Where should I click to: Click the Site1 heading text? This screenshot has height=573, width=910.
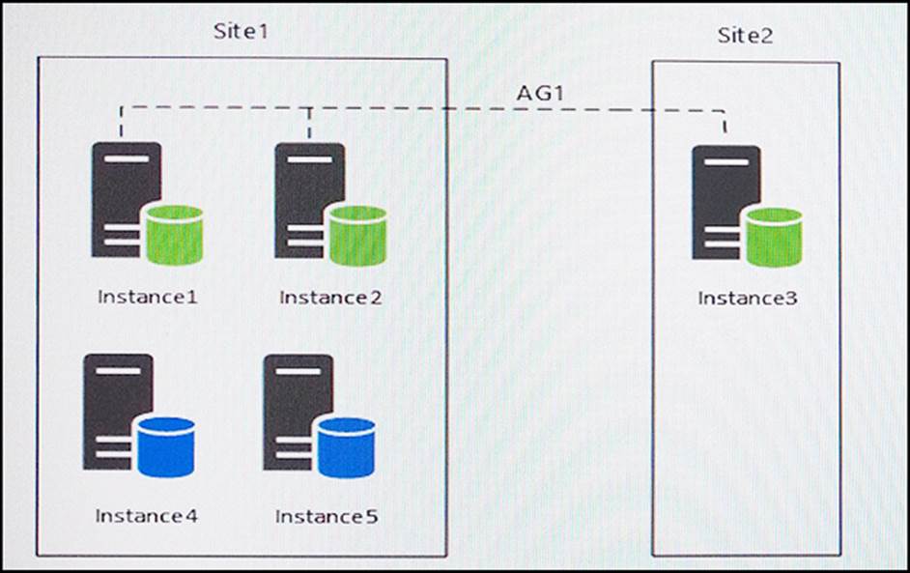click(241, 31)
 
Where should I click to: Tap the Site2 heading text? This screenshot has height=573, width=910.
click(745, 37)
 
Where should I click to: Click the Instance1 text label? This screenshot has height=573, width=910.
click(148, 297)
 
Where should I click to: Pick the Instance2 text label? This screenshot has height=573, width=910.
click(330, 297)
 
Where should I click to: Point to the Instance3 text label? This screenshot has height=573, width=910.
click(748, 299)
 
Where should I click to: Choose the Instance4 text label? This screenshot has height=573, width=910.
click(146, 516)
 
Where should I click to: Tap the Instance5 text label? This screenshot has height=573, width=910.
click(327, 517)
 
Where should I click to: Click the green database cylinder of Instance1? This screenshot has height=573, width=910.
click(173, 234)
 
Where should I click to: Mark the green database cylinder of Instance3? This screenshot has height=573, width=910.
click(774, 237)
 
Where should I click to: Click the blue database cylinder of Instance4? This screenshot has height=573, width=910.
click(165, 445)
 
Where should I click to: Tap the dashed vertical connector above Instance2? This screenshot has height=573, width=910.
click(309, 123)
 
